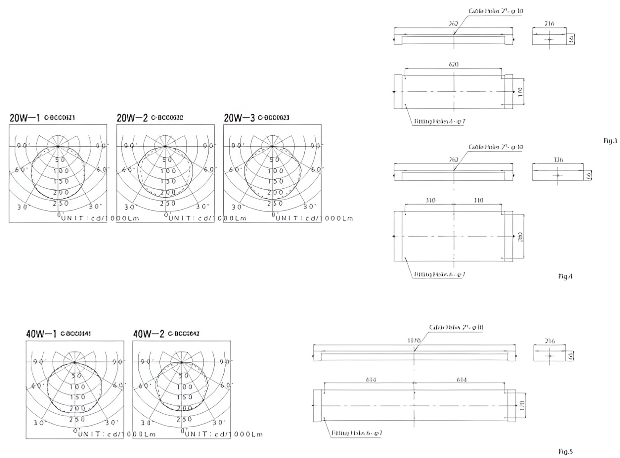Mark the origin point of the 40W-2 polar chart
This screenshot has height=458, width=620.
182,362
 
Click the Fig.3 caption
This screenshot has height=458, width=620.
610,141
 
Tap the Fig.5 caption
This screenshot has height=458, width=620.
565,452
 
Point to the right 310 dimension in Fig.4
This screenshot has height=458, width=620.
478,201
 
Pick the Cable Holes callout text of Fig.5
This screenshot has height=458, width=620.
456,328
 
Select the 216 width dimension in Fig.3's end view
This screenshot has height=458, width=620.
549,24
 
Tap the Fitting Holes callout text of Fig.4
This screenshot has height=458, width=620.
440,275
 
